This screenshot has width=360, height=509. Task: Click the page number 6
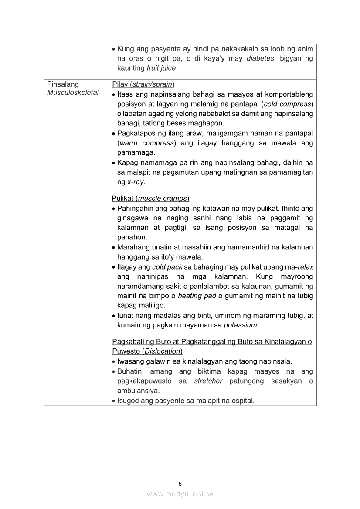(180, 484)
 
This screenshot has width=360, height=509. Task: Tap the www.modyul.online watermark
(180, 494)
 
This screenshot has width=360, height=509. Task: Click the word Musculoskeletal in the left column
(73, 93)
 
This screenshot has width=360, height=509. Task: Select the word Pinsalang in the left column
(63, 84)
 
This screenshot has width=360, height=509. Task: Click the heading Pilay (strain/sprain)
(143, 84)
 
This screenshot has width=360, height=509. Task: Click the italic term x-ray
(136, 182)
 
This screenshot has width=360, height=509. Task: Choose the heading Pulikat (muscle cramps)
(150, 199)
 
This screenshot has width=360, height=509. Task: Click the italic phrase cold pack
(167, 267)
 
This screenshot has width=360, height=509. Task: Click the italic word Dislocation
(162, 351)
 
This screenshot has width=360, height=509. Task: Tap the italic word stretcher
(208, 381)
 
